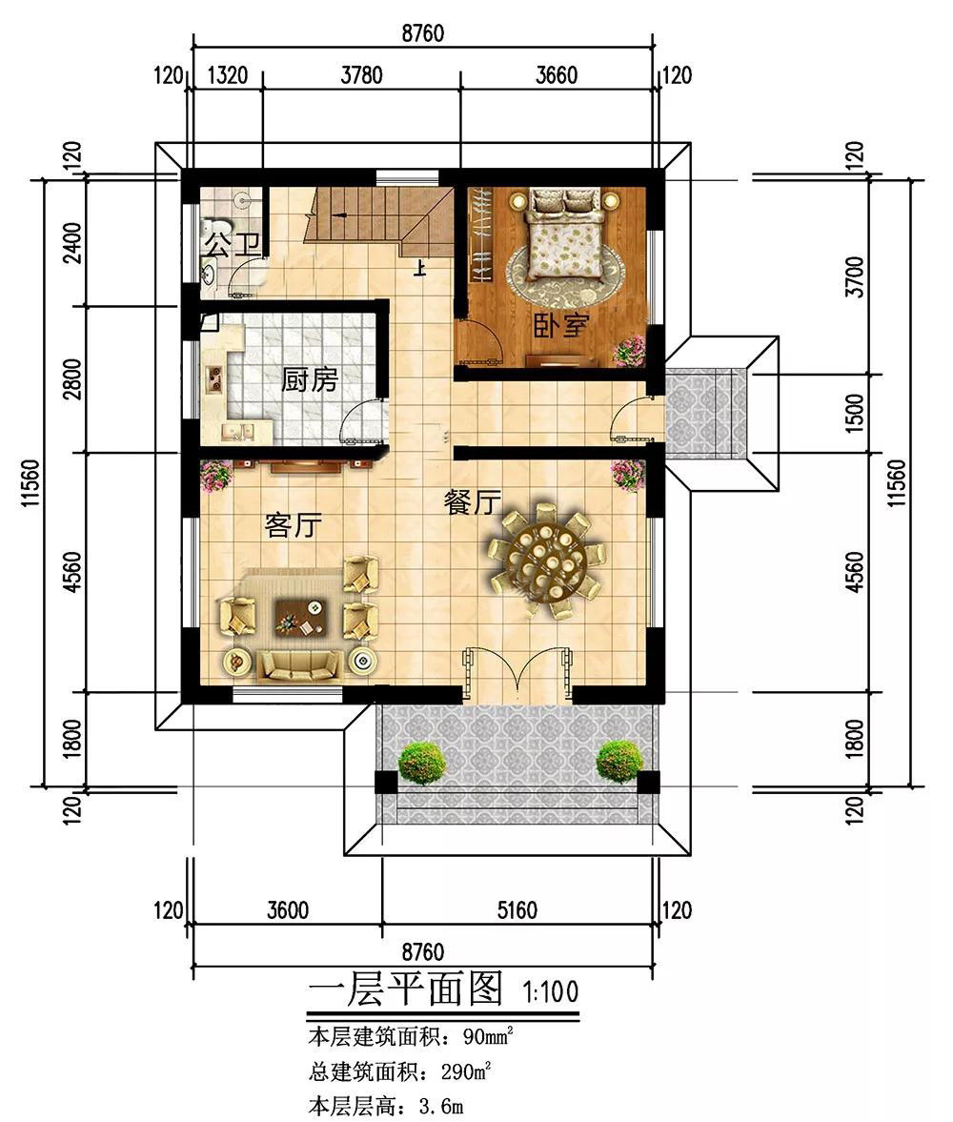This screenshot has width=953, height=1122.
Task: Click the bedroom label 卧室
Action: tap(561, 326)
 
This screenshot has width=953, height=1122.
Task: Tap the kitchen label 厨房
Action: tap(309, 379)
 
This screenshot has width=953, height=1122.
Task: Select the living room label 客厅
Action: tap(293, 525)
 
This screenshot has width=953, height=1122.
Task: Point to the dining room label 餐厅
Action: tap(472, 502)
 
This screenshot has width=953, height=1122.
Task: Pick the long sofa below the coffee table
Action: tap(298, 665)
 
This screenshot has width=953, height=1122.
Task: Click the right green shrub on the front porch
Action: tap(618, 761)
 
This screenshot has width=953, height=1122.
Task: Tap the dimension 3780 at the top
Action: tap(361, 74)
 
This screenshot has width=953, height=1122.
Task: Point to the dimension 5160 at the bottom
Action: tap(517, 910)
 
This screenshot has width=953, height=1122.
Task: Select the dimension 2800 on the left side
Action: tap(73, 379)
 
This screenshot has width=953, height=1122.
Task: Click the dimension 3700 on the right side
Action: tap(855, 276)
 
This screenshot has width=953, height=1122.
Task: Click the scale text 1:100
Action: tap(550, 991)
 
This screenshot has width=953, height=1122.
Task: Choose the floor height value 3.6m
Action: tap(441, 1106)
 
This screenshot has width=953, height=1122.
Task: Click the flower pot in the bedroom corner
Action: tap(630, 350)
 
